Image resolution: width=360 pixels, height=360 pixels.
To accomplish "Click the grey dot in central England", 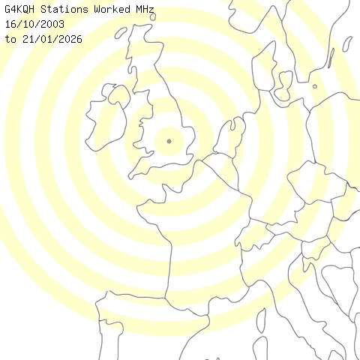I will click(x=169, y=141).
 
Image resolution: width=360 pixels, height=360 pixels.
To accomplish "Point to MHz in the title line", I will click(x=146, y=10).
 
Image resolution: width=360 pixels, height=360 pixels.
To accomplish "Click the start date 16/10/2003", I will click(x=34, y=24).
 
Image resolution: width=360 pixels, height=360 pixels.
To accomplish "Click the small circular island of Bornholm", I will click(x=315, y=86).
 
